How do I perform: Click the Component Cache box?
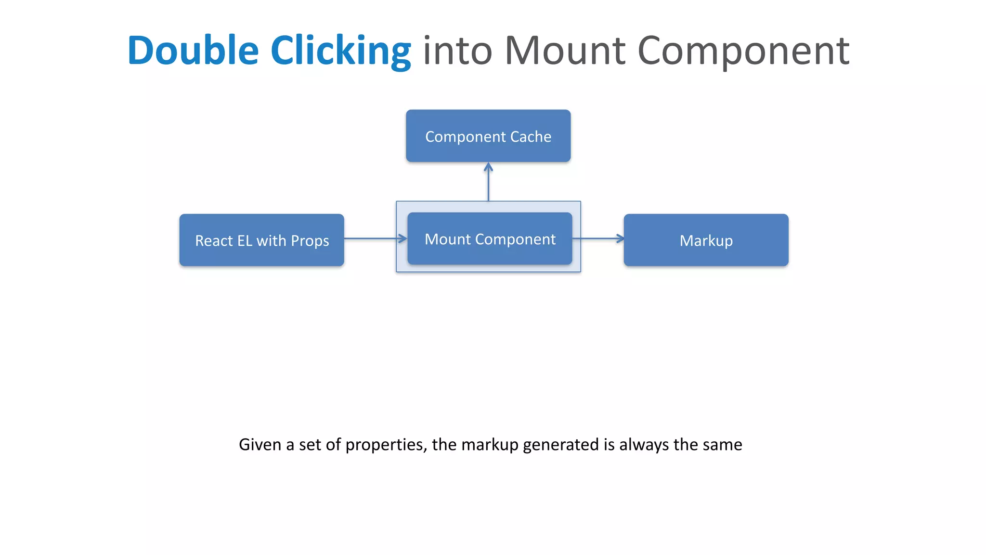(488, 136)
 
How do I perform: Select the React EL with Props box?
(261, 240)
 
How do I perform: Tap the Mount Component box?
(490, 238)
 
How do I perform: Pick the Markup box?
(706, 240)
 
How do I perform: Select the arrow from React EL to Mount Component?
(376, 238)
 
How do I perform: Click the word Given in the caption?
(259, 444)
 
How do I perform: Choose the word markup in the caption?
(490, 444)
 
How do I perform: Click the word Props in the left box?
(310, 241)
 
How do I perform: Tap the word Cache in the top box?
(531, 137)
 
